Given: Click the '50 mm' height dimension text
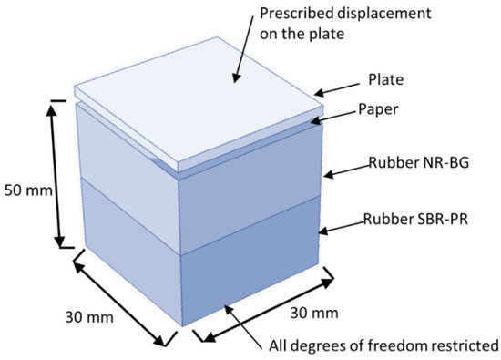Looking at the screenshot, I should pyautogui.click(x=25, y=193).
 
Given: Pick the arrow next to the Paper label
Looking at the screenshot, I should pyautogui.click(x=343, y=114).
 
